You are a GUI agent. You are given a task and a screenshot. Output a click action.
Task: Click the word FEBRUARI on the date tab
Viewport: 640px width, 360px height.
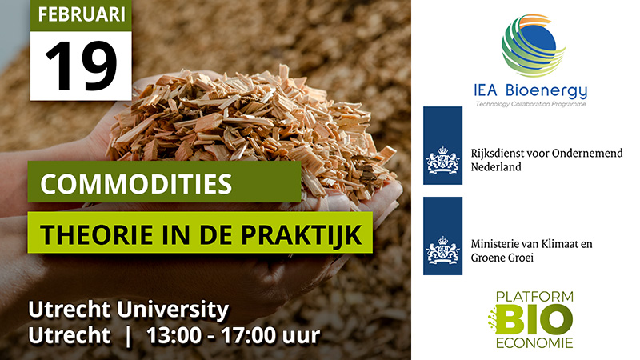82,14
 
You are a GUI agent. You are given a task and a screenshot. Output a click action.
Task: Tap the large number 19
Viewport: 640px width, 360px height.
81,66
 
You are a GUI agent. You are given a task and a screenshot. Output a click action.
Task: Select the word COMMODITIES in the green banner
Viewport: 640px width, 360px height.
136,184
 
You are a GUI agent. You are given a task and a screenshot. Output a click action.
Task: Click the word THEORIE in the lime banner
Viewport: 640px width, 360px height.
97,234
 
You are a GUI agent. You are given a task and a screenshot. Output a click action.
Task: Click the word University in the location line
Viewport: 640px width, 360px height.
173,310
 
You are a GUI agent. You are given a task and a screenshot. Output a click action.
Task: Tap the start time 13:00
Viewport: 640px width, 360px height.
174,335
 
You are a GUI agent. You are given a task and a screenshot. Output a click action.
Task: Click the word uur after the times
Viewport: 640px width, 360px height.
302,337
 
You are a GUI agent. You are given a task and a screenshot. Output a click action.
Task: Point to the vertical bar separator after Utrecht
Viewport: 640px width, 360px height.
129,336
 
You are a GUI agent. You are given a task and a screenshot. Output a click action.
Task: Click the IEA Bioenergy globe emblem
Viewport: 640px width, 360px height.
532,46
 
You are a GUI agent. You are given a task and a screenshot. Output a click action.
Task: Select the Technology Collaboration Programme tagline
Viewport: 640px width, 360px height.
530,104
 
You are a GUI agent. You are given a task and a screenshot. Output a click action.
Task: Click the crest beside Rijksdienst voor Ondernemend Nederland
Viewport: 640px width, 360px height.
442,159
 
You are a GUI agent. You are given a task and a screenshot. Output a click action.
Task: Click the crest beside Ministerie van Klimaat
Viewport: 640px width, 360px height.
442,250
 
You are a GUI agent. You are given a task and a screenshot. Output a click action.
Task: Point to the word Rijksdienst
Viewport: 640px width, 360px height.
494,154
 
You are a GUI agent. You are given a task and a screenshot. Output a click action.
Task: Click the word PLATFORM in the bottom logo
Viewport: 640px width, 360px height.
534,296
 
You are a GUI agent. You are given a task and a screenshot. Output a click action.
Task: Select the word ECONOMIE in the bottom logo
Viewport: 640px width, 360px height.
534,343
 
